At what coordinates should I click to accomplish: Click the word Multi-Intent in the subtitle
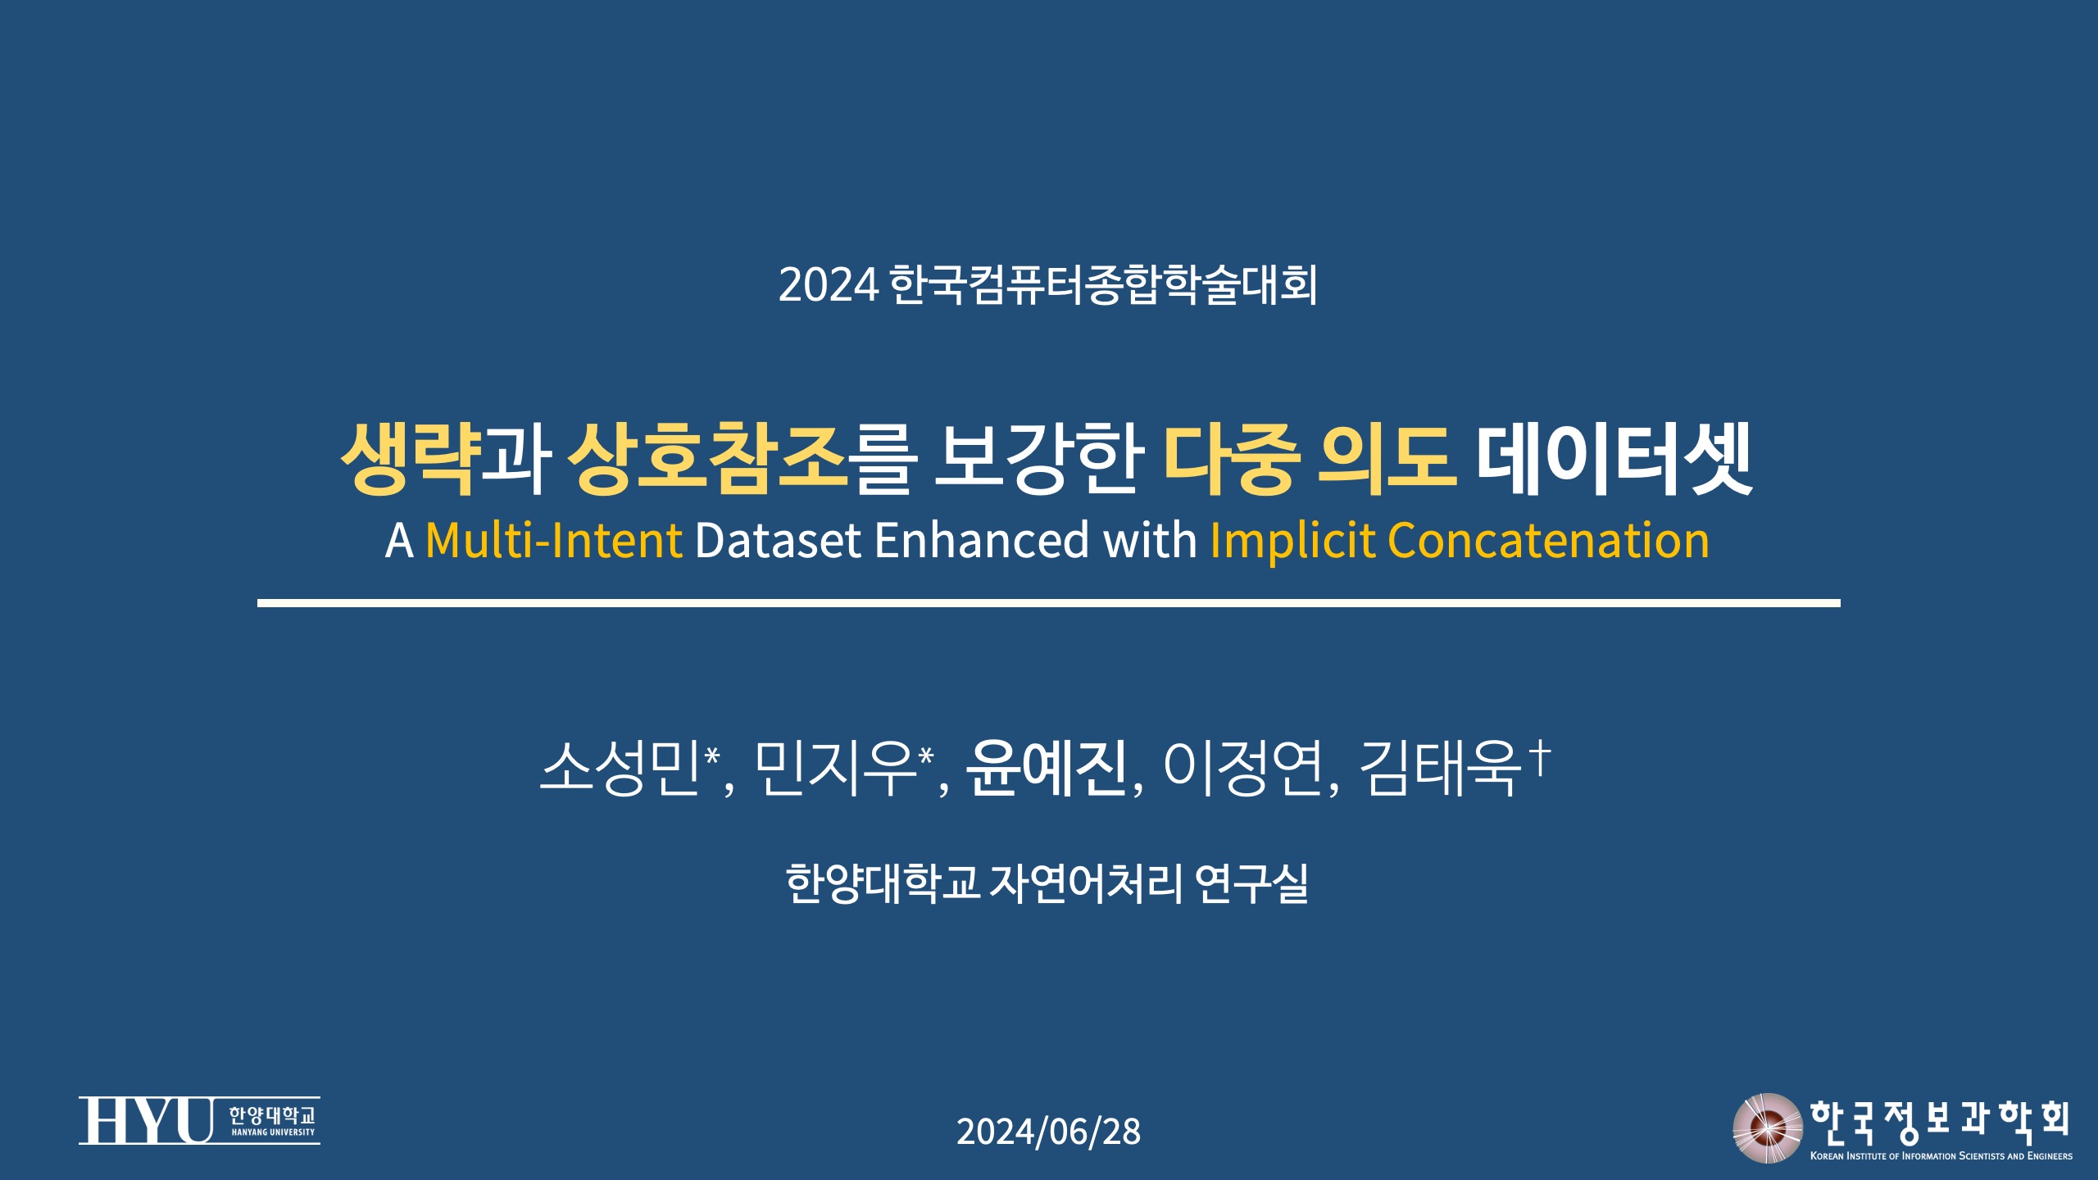click(x=554, y=541)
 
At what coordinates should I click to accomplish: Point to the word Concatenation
click(x=1549, y=541)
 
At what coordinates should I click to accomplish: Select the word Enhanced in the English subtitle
click(x=982, y=541)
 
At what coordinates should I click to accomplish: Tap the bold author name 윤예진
click(x=1046, y=768)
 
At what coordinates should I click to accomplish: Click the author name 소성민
click(x=620, y=768)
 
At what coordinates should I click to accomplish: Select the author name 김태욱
click(x=1440, y=768)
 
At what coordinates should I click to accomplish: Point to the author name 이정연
click(x=1243, y=768)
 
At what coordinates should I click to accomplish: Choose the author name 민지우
click(x=834, y=768)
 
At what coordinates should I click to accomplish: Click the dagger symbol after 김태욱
click(x=1541, y=757)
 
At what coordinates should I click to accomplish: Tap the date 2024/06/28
click(x=1048, y=1132)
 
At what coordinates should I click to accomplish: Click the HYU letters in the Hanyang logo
click(x=146, y=1120)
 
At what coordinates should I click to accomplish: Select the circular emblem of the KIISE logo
click(x=1767, y=1128)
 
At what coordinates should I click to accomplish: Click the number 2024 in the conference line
click(x=828, y=285)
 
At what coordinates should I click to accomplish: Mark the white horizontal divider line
click(x=1049, y=603)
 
